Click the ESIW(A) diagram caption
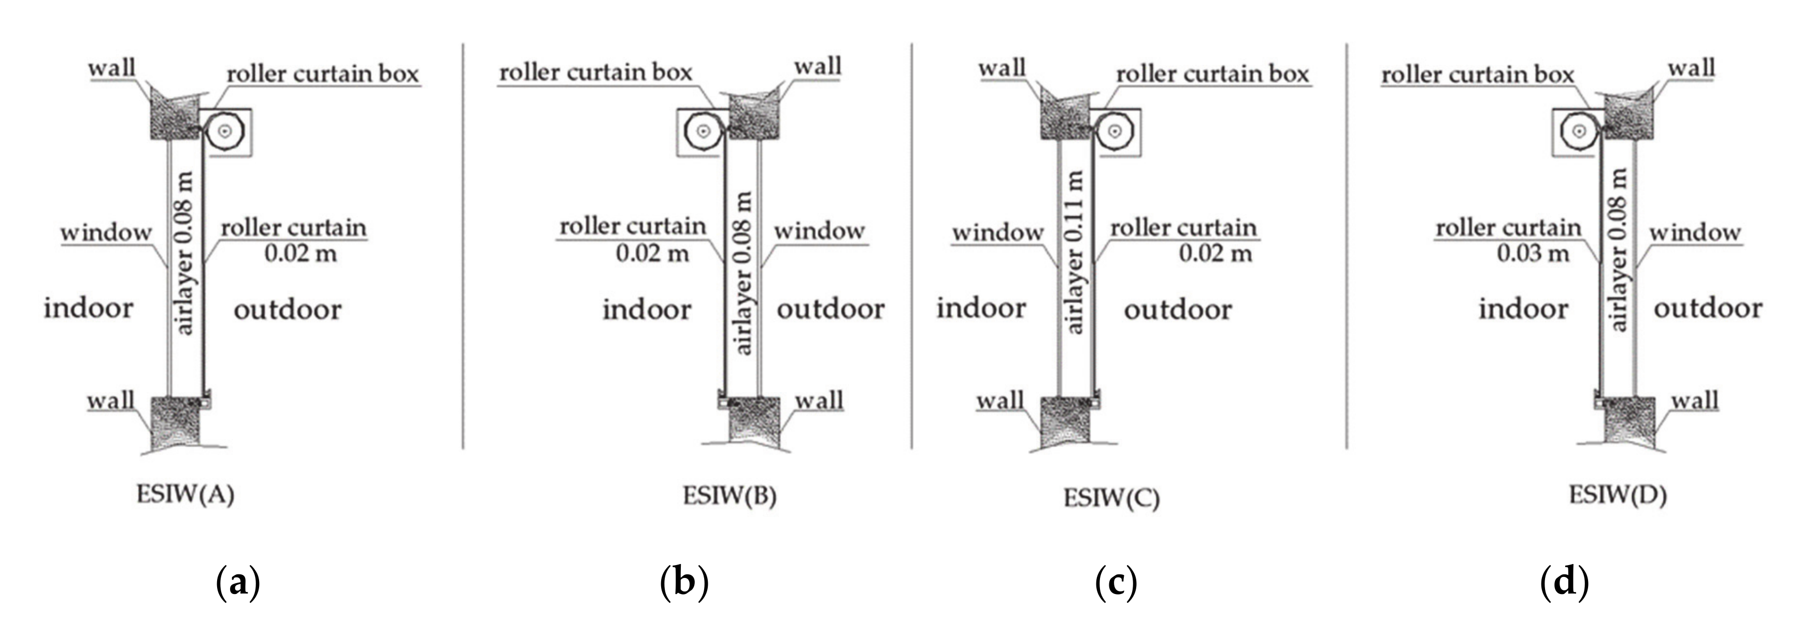(185, 495)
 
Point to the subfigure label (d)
(1564, 582)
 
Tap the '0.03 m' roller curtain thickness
(1533, 253)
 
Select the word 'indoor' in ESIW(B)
(647, 309)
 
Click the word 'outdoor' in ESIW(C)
(1178, 309)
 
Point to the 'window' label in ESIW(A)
(106, 232)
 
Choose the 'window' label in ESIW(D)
(1695, 232)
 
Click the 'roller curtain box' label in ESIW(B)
(595, 72)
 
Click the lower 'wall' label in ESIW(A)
(110, 401)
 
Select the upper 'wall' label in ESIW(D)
(1691, 68)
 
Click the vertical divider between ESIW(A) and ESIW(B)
(463, 244)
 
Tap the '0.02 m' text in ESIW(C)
(1215, 253)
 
